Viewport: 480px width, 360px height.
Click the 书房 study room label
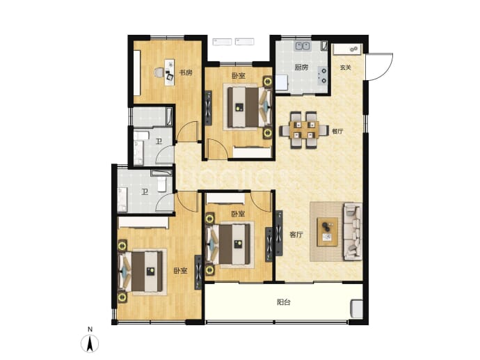point(186,73)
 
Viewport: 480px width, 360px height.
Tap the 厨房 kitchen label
point(301,68)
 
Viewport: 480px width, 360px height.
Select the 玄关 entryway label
point(345,68)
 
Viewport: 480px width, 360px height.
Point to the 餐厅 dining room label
point(337,131)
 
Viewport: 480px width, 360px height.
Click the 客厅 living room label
point(296,235)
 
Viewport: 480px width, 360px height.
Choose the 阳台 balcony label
point(283,302)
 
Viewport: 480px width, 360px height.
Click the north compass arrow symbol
point(90,343)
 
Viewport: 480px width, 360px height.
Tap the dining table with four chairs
point(303,130)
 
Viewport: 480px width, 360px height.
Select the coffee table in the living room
point(327,232)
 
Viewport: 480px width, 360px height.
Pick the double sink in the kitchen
point(303,46)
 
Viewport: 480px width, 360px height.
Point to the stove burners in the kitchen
point(323,76)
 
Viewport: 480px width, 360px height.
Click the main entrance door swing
point(380,67)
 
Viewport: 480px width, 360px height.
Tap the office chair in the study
point(159,72)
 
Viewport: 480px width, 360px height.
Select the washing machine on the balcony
point(357,309)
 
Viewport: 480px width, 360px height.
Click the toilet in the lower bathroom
point(161,185)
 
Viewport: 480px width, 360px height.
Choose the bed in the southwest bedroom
point(141,271)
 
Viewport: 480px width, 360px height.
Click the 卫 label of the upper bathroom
point(159,141)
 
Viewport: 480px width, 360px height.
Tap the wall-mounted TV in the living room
point(279,233)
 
